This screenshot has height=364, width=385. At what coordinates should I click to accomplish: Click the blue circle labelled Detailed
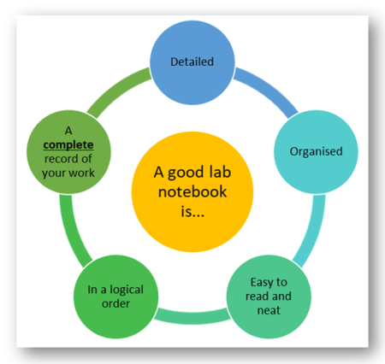(192, 62)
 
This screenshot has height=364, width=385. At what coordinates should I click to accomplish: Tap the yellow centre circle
(192, 188)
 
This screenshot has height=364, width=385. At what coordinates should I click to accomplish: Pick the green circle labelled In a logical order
(115, 296)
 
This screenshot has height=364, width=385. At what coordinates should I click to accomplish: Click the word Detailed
(192, 62)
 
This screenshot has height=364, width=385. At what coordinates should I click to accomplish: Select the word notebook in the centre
(192, 189)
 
